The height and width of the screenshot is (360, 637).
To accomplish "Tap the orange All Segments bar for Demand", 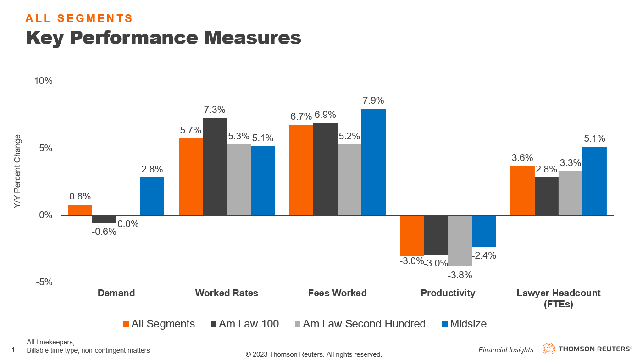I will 80,210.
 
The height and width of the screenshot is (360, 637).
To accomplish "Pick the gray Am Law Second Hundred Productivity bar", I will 460,240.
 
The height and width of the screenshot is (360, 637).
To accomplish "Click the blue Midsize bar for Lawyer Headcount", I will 594,181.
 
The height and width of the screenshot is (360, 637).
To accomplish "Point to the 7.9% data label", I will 373,100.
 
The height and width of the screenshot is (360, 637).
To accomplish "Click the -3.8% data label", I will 460,275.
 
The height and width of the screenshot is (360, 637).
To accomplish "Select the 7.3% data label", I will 214,110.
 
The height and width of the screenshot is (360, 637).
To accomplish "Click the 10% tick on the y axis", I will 44,81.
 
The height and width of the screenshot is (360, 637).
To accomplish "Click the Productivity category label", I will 448,293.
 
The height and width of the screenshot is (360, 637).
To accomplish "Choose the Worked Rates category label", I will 227,293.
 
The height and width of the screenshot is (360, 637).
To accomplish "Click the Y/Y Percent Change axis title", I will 18,172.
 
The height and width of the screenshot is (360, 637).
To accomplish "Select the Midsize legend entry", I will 464,324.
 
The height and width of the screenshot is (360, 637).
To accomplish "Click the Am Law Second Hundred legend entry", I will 359,324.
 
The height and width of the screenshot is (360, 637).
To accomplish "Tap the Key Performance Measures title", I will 163,38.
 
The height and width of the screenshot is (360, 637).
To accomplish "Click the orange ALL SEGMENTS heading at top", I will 79,18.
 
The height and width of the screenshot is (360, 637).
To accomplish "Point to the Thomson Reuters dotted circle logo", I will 548,349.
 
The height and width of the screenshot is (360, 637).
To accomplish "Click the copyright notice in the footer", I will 314,354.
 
